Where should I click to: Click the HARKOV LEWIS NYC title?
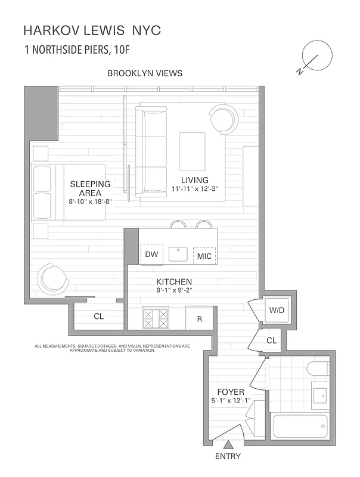(x=92, y=30)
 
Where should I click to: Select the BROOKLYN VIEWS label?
(x=145, y=73)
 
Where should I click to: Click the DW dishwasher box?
(x=151, y=255)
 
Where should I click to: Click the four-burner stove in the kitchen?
(x=156, y=318)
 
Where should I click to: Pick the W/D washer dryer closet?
(x=276, y=310)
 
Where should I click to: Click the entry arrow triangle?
(x=228, y=444)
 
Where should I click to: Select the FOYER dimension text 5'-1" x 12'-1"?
(x=231, y=401)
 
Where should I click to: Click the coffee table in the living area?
(x=192, y=152)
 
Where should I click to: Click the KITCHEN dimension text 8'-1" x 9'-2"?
(x=173, y=290)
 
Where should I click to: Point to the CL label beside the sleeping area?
(x=98, y=317)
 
